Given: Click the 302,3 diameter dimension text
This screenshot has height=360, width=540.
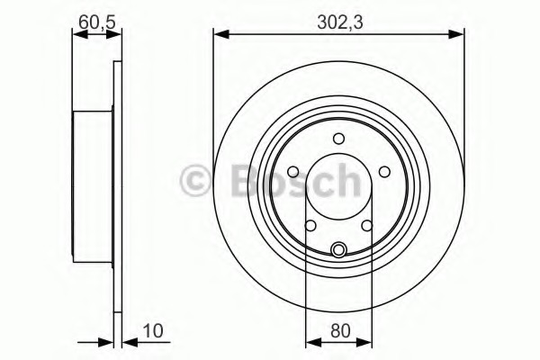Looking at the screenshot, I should click(x=338, y=16).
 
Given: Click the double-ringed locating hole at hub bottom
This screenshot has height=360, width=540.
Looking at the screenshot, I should click(x=338, y=249).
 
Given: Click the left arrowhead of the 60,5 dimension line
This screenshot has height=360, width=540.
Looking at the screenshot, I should click(x=77, y=35).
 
